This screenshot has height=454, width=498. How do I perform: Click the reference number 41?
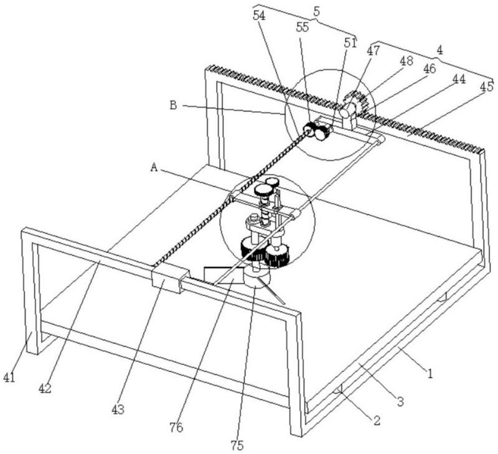(9, 378)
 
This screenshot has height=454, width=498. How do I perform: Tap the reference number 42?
(45, 388)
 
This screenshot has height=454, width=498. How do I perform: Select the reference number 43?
(118, 410)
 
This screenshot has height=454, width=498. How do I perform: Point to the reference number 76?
(176, 428)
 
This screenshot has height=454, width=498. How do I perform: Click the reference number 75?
(237, 445)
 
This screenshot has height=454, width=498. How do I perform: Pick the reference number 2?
(377, 420)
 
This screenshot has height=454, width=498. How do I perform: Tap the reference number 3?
(400, 402)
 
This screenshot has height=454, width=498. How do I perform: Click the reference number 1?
(430, 374)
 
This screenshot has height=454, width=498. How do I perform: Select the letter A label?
(154, 167)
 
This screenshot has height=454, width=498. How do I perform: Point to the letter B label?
(173, 105)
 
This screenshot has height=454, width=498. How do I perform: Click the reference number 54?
(259, 16)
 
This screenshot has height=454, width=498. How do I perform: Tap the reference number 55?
(303, 27)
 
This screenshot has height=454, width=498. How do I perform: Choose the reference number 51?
(350, 43)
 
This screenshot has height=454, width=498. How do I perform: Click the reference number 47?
(373, 50)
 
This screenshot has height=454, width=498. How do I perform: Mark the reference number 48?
(406, 60)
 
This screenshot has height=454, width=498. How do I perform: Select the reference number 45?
(487, 86)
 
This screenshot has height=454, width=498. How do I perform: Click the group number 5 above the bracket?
(317, 11)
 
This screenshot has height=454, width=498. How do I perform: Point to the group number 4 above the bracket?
(439, 50)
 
